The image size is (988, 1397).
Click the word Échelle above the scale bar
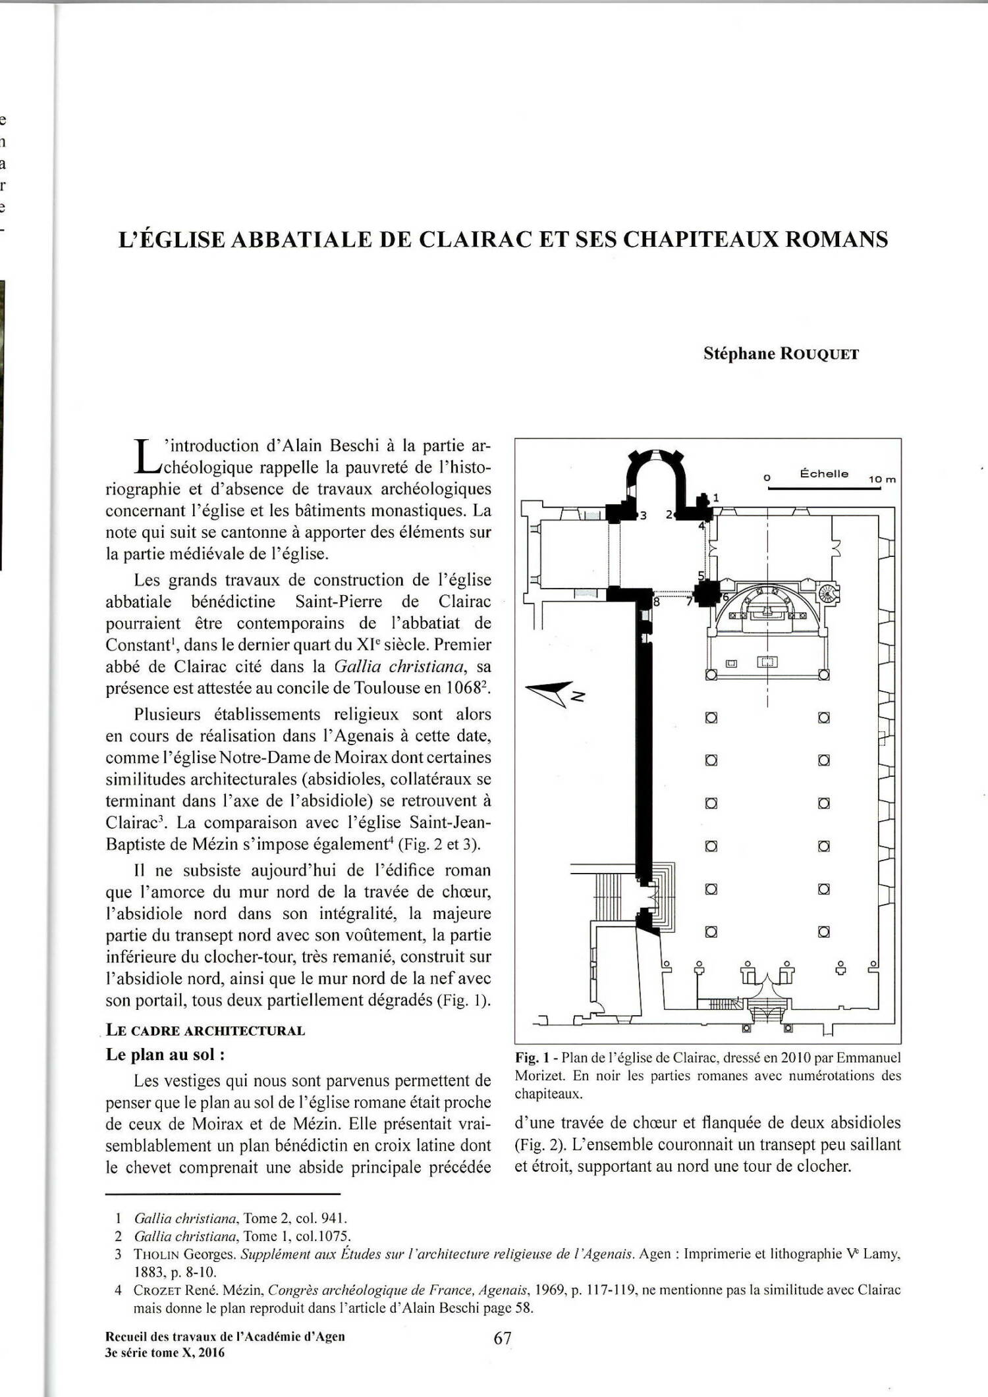[x=823, y=473]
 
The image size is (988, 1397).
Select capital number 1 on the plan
[x=716, y=497]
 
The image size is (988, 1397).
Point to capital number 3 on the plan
[x=644, y=515]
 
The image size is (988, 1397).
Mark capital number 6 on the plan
[x=725, y=596]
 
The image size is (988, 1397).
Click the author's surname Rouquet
[x=819, y=354]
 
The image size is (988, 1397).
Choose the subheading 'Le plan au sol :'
[x=165, y=1054]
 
